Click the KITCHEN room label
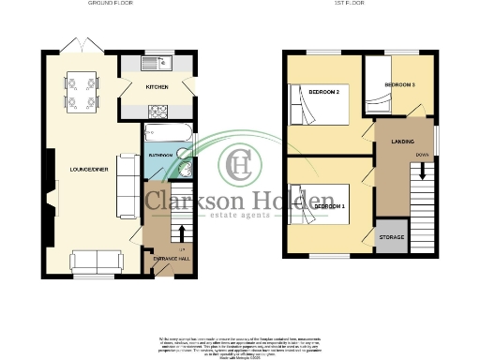pyautogui.click(x=156, y=86)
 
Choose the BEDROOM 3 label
pyautogui.click(x=399, y=85)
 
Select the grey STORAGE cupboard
pyautogui.click(x=391, y=237)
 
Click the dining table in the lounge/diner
pyautogui.click(x=81, y=90)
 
